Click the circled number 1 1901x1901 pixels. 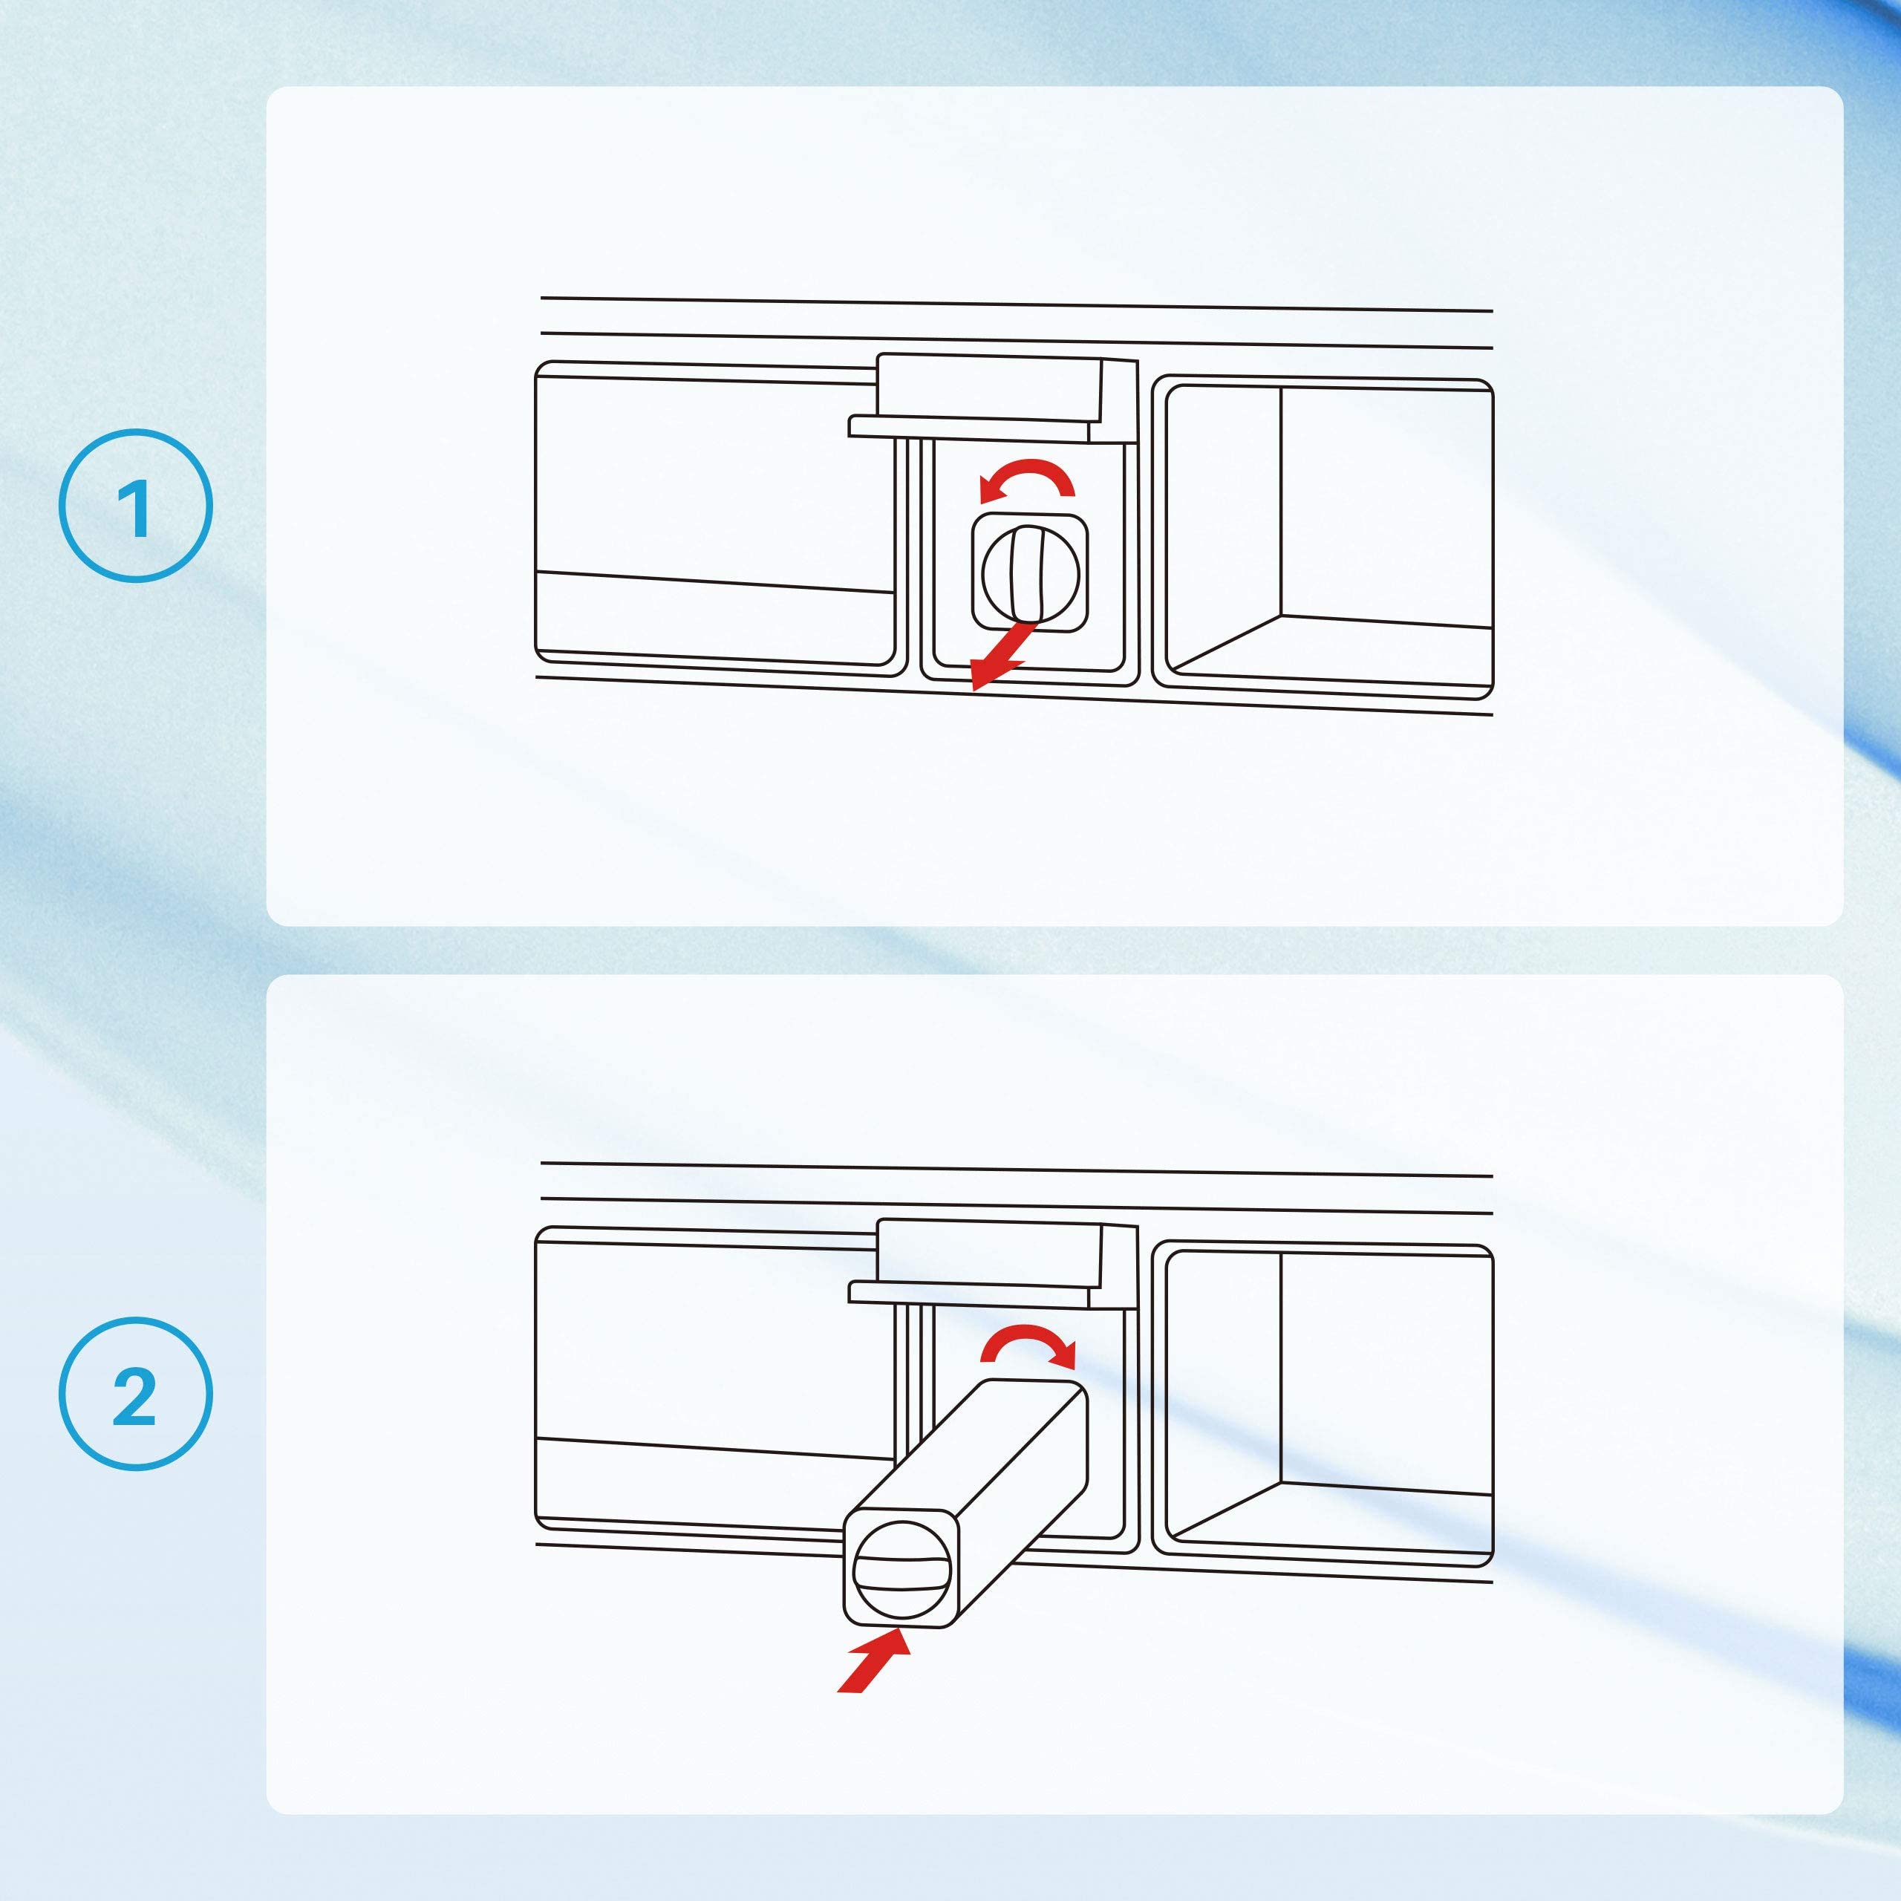135,506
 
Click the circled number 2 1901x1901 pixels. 135,1395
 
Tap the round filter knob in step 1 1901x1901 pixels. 1030,575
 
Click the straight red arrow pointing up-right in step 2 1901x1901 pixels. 874,1661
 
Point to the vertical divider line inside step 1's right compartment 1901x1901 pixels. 1281,502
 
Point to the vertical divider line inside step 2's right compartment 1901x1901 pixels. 1281,1368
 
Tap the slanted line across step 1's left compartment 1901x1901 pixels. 714,581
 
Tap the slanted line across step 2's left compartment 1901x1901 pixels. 714,1447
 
